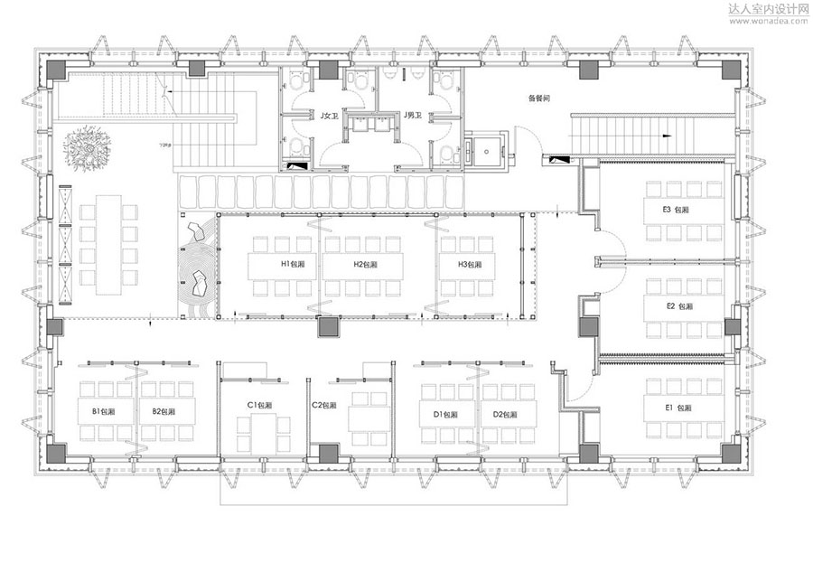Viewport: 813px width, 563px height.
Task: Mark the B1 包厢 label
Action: click(104, 411)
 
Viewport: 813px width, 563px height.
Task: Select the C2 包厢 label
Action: click(325, 405)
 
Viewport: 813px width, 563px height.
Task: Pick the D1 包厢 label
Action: click(446, 414)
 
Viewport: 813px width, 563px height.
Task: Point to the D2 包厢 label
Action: click(504, 414)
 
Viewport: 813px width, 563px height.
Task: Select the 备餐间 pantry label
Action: click(540, 99)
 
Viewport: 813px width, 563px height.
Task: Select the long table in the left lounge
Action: click(108, 239)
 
